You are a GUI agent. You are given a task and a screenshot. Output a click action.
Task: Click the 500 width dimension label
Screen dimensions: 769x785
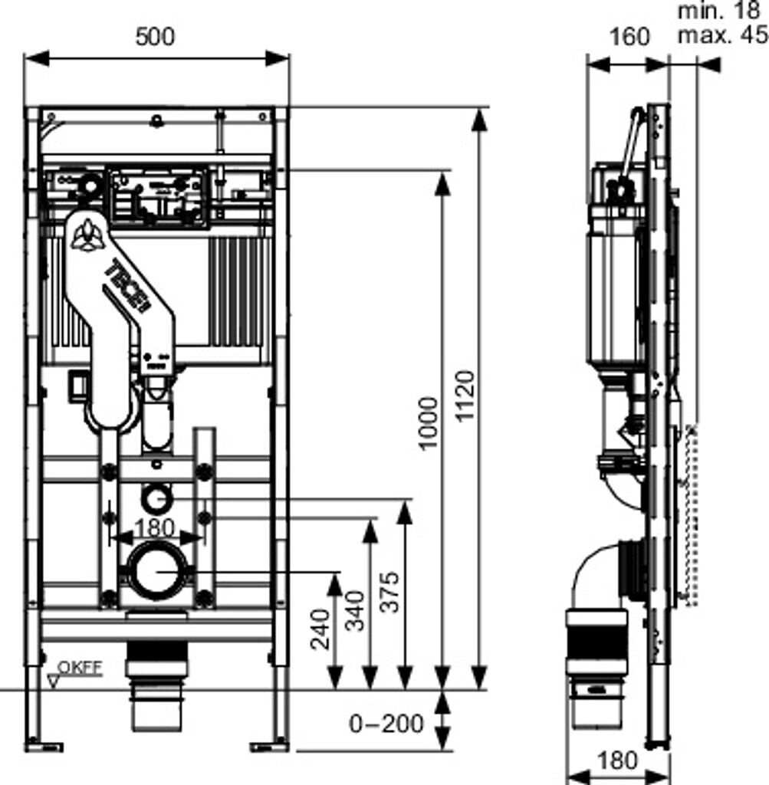tap(155, 36)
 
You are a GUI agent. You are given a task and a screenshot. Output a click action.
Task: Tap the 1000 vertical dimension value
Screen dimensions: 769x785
tap(429, 423)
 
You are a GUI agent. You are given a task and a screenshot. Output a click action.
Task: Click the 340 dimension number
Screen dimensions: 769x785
tap(354, 610)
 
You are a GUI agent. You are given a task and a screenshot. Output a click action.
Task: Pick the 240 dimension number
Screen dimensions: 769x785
tap(319, 629)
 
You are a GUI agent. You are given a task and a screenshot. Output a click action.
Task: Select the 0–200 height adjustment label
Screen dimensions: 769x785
tap(386, 722)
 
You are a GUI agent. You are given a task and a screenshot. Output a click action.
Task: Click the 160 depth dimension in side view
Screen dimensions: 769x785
tap(629, 36)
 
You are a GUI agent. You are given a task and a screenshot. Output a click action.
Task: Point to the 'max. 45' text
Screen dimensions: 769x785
tap(721, 35)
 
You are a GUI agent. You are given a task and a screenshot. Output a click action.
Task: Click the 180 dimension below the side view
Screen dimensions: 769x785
tap(616, 760)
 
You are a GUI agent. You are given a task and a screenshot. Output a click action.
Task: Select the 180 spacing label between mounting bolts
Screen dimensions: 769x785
tap(153, 527)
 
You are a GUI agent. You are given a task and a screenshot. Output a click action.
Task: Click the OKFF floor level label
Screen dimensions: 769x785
tap(83, 667)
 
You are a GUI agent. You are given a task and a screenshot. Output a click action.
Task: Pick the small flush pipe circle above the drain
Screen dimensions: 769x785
tap(158, 498)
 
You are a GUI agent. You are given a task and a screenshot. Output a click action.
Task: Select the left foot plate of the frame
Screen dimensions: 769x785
tap(44, 744)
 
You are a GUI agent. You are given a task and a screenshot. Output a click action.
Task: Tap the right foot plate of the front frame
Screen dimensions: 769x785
tap(268, 744)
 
